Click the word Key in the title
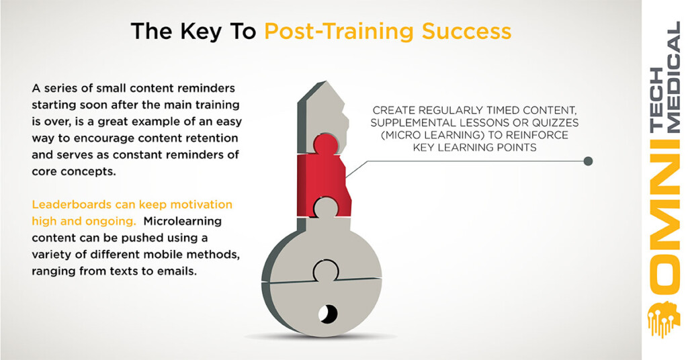click(202, 32)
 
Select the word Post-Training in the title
click(339, 32)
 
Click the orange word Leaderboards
click(71, 204)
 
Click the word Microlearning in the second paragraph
click(182, 221)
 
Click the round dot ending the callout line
click(589, 161)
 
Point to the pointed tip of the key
click(325, 81)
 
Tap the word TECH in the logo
click(657, 99)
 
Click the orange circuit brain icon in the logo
click(664, 319)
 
